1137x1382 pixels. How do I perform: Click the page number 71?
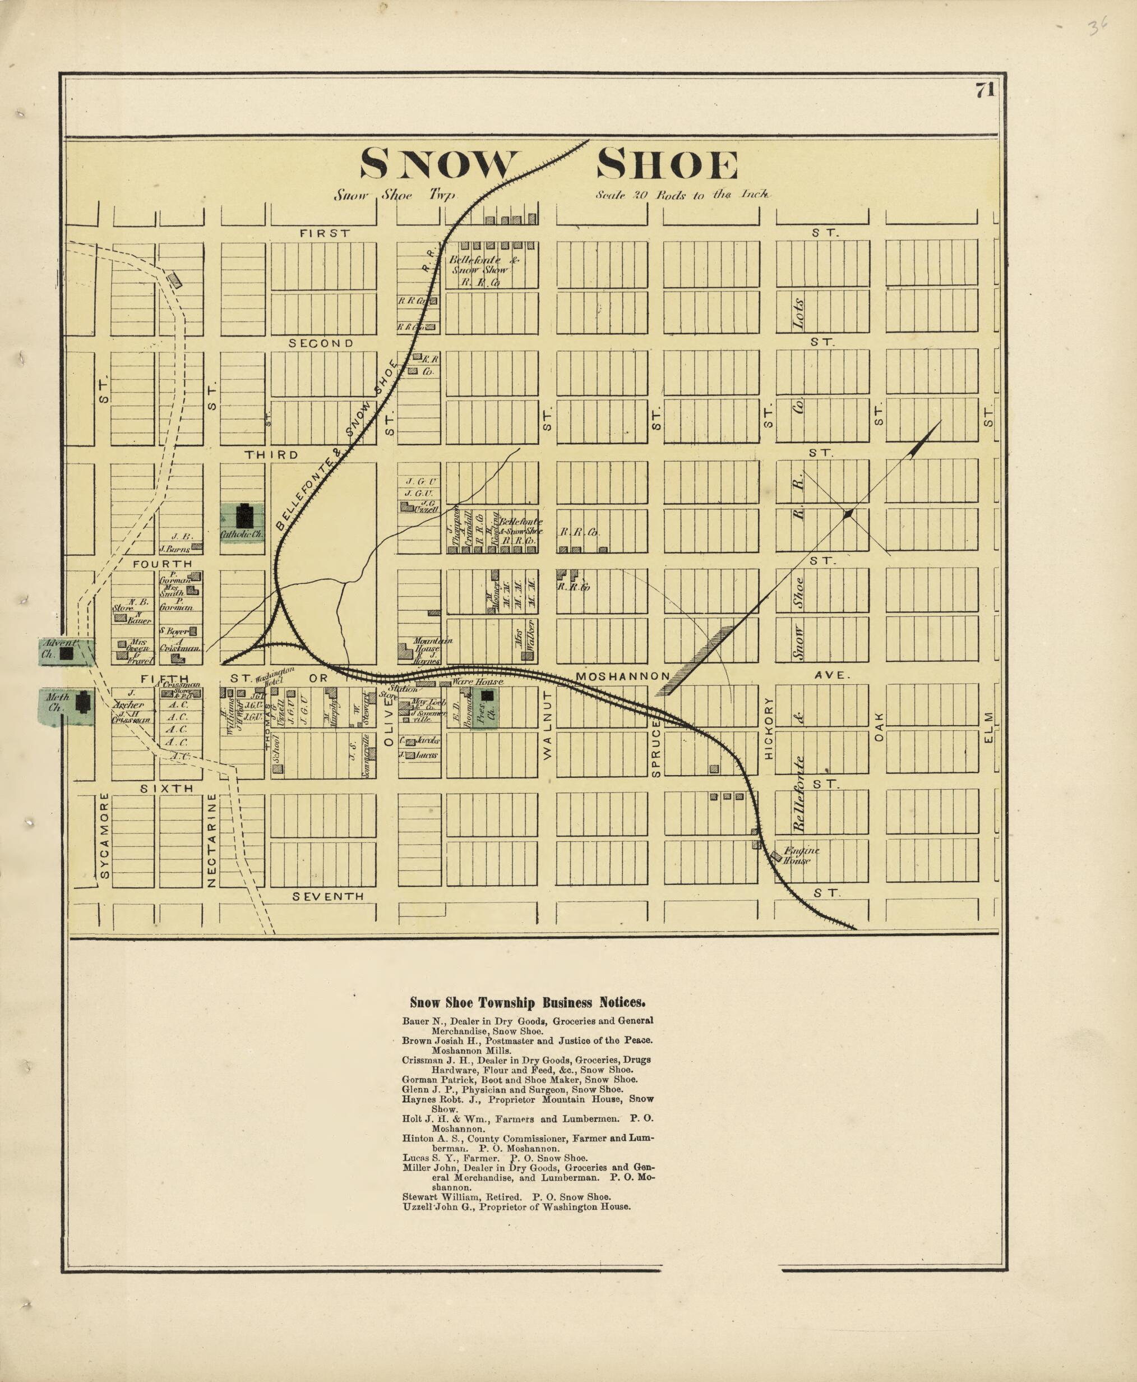(985, 90)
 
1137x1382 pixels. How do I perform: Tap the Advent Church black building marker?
(67, 653)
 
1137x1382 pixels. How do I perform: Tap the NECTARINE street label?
(211, 840)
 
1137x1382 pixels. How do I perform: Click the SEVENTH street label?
(327, 896)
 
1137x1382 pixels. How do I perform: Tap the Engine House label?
(799, 855)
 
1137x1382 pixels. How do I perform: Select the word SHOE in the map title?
(667, 164)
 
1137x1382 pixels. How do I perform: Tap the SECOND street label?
(321, 343)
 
